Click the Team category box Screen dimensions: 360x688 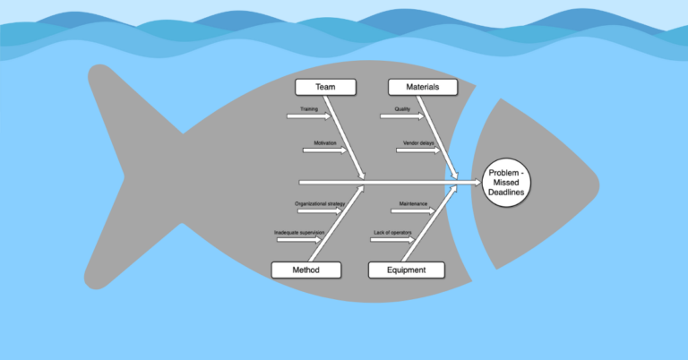(x=325, y=87)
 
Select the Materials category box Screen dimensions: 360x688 (x=421, y=87)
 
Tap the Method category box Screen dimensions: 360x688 (x=305, y=270)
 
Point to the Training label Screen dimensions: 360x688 (x=308, y=109)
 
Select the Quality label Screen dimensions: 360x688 (x=402, y=109)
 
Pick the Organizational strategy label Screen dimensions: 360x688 (x=320, y=204)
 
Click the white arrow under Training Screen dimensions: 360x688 (x=309, y=116)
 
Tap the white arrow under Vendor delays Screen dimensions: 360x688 (x=417, y=150)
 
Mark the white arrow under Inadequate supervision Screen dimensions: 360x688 (x=298, y=240)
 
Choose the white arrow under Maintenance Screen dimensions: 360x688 (x=412, y=211)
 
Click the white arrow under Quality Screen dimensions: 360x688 (x=403, y=116)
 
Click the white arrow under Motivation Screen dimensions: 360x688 (x=327, y=150)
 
